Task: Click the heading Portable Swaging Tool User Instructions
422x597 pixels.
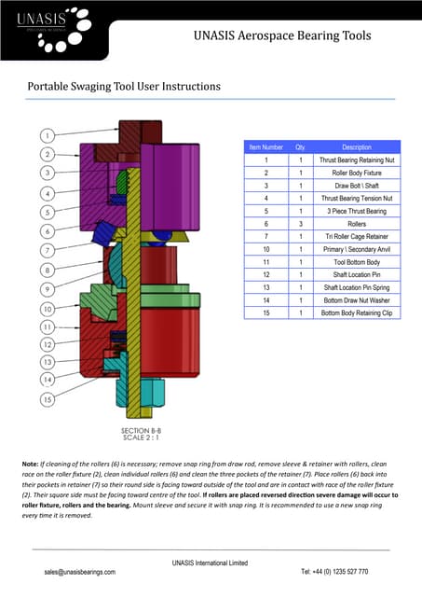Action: (x=124, y=87)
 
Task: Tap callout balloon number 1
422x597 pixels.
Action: (x=48, y=134)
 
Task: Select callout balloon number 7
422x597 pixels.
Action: (x=48, y=250)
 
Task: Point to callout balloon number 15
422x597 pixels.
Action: (x=48, y=399)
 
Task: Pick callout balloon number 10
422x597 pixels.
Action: (x=48, y=308)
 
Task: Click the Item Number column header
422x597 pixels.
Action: (x=265, y=147)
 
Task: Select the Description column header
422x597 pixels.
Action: (x=357, y=147)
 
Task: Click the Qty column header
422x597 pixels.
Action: (x=300, y=147)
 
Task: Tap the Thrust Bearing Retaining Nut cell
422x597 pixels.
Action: (x=357, y=160)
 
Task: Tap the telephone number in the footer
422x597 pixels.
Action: (x=334, y=571)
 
